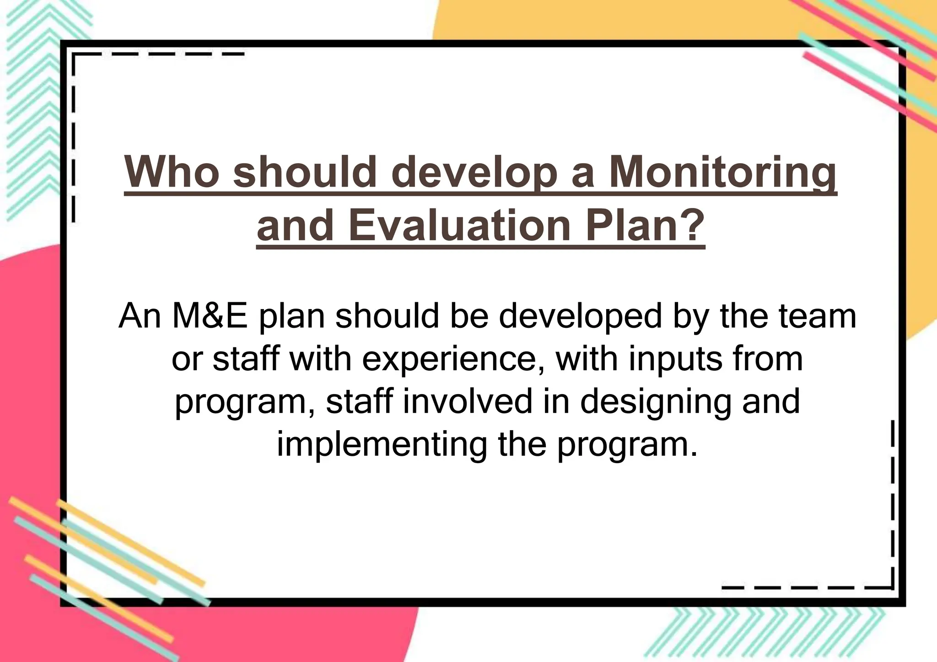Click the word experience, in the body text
(x=453, y=359)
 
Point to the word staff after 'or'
(x=246, y=358)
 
